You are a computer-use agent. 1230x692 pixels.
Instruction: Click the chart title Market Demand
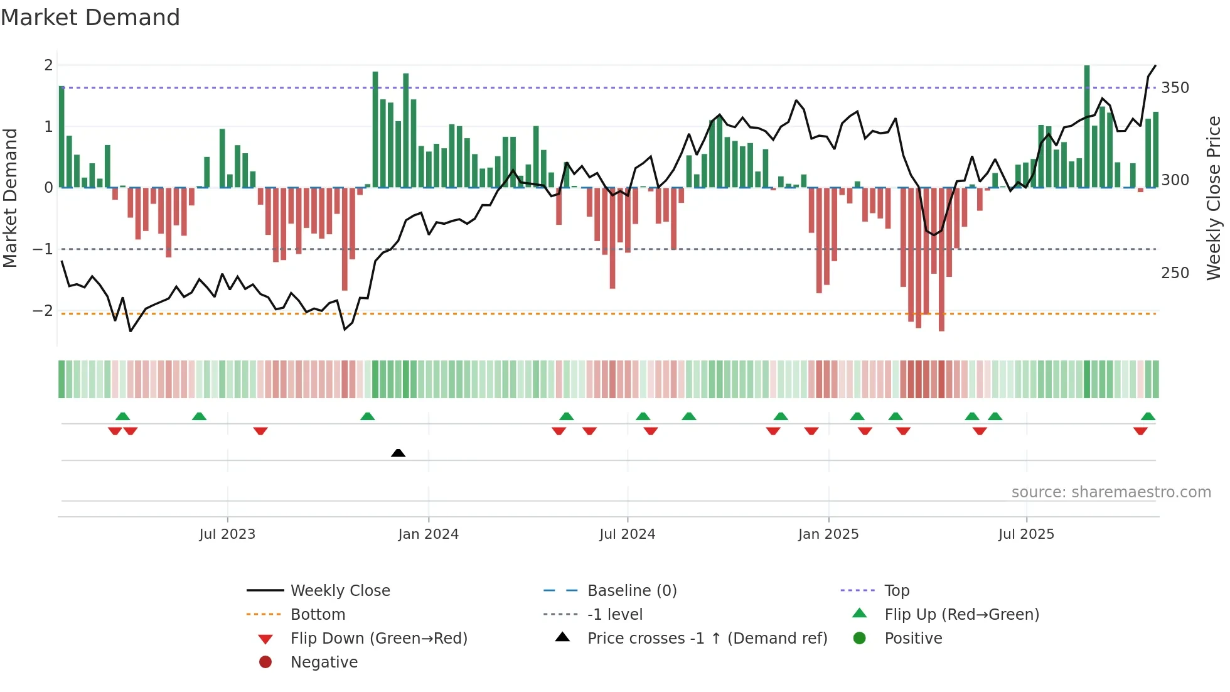(x=90, y=18)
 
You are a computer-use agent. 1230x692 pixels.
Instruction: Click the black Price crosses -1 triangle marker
(x=398, y=453)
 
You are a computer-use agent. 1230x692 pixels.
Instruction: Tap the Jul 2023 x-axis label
(x=227, y=534)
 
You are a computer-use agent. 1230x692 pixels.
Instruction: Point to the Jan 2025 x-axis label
(x=828, y=534)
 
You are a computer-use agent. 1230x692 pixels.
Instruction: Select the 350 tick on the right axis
(x=1175, y=88)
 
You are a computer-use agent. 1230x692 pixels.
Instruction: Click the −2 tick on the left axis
(x=43, y=311)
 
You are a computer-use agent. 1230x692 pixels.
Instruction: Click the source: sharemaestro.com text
(x=1111, y=492)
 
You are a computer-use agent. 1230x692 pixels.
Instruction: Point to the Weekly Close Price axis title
(x=1214, y=198)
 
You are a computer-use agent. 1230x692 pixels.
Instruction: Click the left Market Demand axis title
(x=11, y=198)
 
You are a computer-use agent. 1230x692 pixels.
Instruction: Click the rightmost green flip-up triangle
(x=1148, y=416)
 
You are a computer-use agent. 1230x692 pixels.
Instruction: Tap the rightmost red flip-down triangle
(x=1140, y=431)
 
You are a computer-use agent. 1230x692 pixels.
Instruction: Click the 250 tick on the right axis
(x=1175, y=273)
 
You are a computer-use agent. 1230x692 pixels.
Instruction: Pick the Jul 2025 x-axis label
(x=1026, y=534)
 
